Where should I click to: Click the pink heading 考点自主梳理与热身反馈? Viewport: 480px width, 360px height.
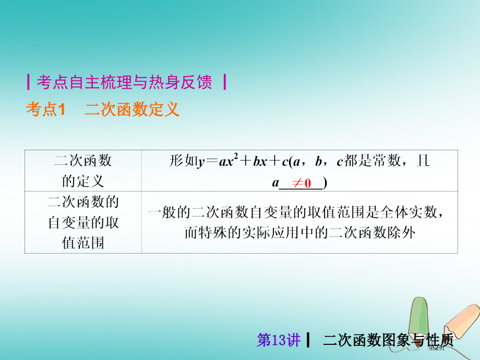[124, 82]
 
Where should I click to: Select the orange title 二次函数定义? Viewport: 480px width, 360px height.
[132, 109]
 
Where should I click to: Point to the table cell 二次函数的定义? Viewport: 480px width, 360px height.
[83, 171]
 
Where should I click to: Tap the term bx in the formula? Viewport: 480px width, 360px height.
[260, 161]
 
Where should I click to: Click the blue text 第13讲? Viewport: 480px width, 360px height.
[279, 341]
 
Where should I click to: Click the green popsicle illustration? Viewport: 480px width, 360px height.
[421, 318]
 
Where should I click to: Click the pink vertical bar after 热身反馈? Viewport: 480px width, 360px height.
[223, 82]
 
